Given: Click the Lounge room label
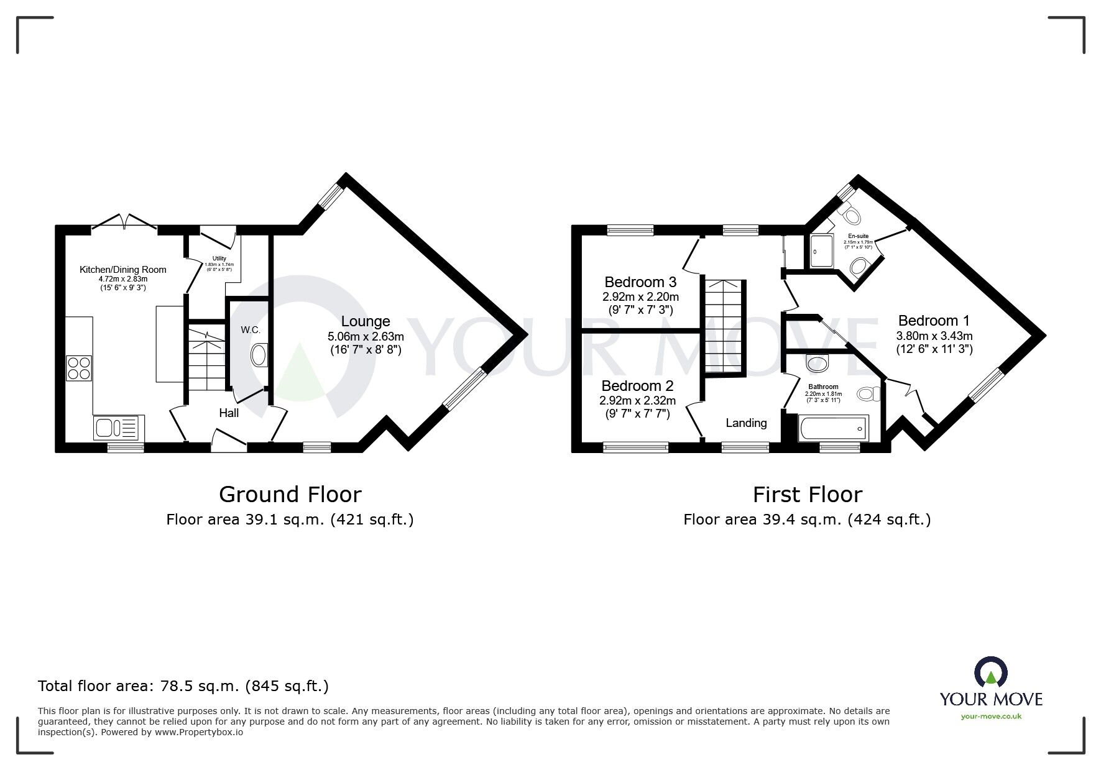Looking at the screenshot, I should click(366, 321).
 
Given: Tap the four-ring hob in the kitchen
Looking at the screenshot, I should click(79, 367).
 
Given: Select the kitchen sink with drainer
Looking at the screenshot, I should click(119, 428).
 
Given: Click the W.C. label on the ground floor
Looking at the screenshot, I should click(251, 330).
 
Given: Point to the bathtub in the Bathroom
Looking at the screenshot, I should click(832, 428).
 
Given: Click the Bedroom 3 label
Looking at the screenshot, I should click(640, 282).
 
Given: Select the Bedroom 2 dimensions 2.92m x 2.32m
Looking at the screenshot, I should click(637, 401).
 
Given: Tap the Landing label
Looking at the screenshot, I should click(746, 423).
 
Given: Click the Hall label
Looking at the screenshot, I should click(229, 413).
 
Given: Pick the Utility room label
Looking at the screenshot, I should click(219, 259).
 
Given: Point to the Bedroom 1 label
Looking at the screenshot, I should click(934, 321).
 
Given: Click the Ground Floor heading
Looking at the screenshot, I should click(290, 495).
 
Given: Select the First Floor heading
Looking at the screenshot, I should click(807, 495).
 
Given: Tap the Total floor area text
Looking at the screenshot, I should click(183, 686).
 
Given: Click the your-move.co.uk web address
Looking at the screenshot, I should click(991, 717).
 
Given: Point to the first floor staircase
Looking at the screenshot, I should click(724, 326).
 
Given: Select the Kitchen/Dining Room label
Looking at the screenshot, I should click(123, 270).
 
